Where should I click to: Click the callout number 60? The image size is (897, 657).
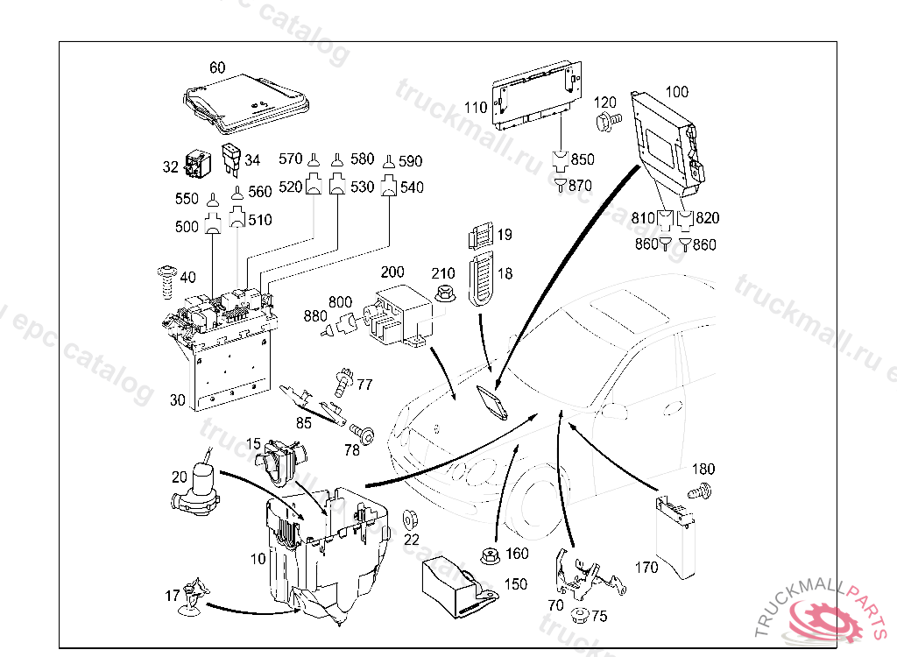pos(217,67)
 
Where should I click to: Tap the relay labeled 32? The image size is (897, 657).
pos(195,164)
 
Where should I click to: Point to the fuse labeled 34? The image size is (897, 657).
pos(232,158)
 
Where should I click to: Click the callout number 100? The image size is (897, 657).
pos(677,91)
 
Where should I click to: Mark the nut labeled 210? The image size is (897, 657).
pos(444,295)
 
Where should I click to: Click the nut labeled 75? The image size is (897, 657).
pos(578,615)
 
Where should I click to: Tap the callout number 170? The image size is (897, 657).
pos(646,568)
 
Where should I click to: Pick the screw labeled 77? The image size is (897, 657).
pos(343,382)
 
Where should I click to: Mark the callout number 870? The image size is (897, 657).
pos(580,185)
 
